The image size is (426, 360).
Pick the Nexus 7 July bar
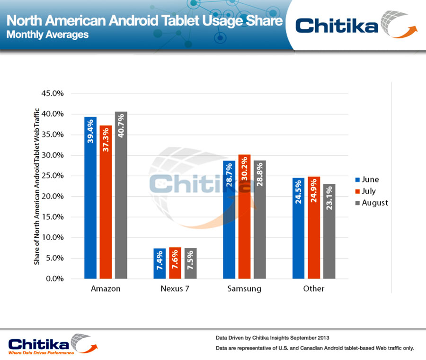pyautogui.click(x=175, y=263)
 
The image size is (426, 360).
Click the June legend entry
pyautogui.click(x=367, y=180)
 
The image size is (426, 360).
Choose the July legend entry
pyautogui.click(x=367, y=191)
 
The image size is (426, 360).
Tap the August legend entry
pyautogui.click(x=371, y=203)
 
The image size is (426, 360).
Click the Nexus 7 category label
pyautogui.click(x=175, y=288)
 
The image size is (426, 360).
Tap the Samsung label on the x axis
pyautogui.click(x=244, y=288)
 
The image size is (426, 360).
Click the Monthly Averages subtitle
pyautogui.click(x=47, y=35)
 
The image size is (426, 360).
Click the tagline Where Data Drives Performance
pyautogui.click(x=41, y=353)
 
